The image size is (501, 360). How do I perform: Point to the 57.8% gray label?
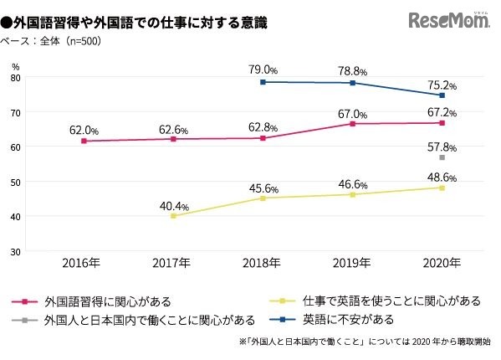[442, 147]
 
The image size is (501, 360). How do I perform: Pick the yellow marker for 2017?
[173, 216]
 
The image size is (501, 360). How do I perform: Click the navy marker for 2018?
[263, 82]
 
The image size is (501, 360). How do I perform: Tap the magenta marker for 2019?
[352, 124]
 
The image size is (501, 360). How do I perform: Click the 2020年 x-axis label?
[442, 263]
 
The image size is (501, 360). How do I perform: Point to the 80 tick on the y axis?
[16, 78]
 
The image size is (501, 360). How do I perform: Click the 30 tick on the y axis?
[16, 251]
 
